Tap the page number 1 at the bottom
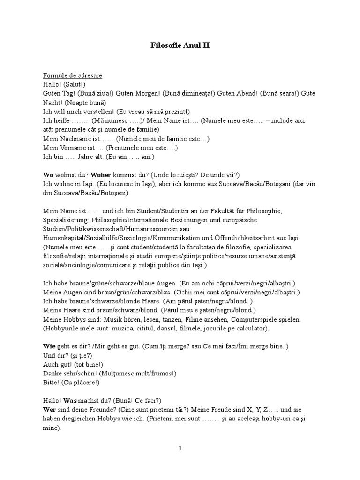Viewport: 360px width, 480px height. tap(180, 448)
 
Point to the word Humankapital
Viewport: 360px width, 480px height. tap(64, 238)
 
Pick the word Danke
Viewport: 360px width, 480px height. tap(52, 373)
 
